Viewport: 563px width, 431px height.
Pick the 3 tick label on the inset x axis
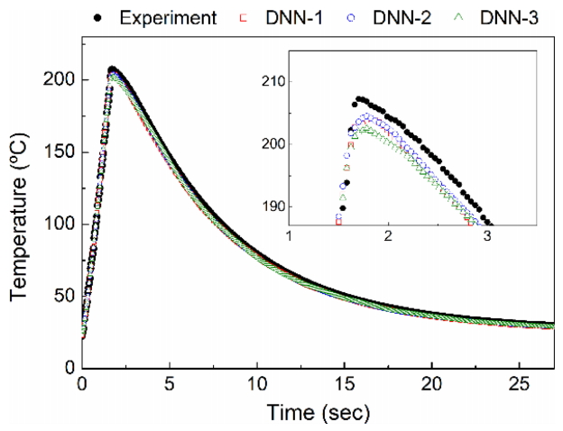point(487,235)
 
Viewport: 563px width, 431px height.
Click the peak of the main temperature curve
point(112,69)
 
